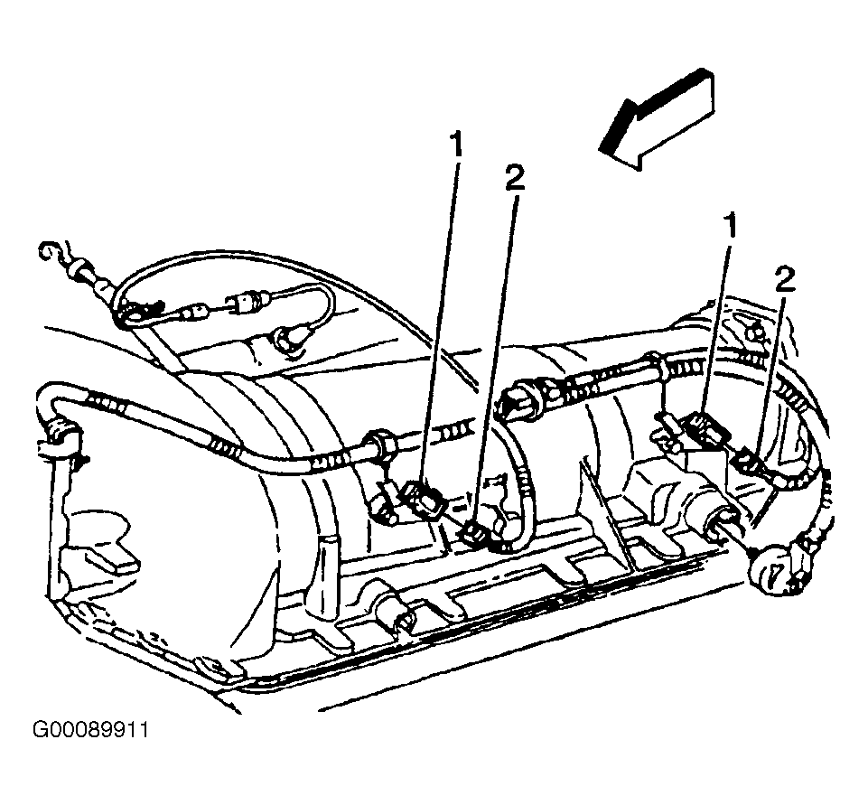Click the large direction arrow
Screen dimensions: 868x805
(658, 118)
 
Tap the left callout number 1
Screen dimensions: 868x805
(455, 145)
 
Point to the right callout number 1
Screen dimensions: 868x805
(732, 225)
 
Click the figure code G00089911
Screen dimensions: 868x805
(90, 730)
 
